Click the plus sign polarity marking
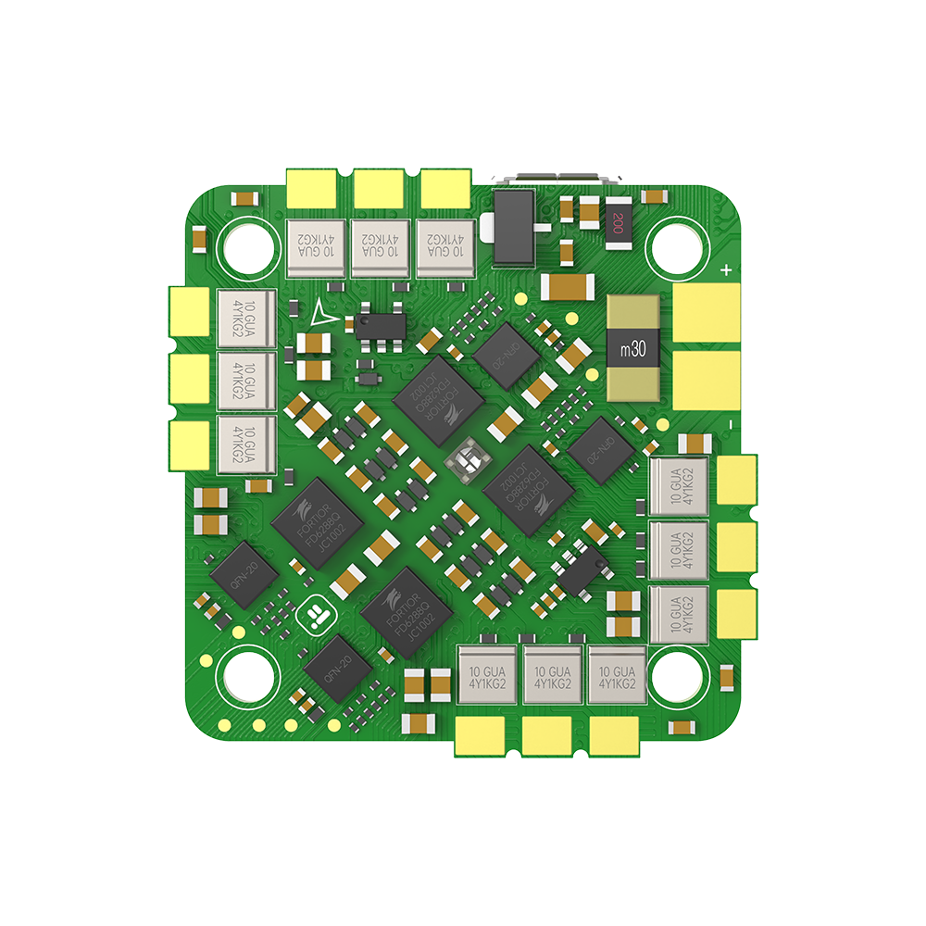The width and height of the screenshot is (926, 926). pos(727,270)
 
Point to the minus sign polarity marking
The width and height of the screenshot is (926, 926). pos(729,423)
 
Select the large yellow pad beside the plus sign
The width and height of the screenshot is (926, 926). pos(706,312)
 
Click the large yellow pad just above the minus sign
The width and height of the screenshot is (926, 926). pos(706,380)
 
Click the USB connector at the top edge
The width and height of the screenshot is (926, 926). pos(556,178)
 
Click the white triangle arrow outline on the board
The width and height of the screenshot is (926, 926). pos(321,314)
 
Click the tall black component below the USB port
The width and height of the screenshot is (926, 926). pos(515,226)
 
